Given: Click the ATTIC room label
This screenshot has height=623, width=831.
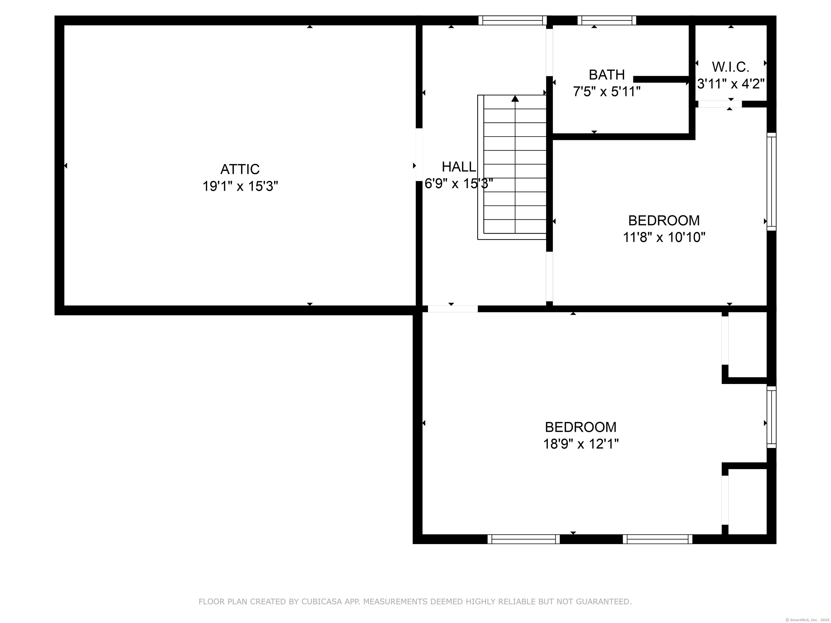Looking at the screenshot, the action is [x=240, y=169].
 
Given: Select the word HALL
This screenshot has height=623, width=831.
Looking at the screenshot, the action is [x=459, y=167].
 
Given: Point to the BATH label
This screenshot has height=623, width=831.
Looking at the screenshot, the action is [x=607, y=75].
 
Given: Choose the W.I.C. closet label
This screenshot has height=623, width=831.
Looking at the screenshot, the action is [x=731, y=67].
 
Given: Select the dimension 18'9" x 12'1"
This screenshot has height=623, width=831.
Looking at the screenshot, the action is [x=581, y=444].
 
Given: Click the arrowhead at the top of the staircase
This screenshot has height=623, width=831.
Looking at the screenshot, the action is [x=515, y=98].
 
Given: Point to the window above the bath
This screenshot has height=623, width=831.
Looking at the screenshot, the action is [x=607, y=20].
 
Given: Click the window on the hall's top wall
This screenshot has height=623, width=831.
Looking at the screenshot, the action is [x=512, y=20].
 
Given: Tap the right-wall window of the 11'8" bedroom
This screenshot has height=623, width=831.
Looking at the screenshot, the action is [x=771, y=181].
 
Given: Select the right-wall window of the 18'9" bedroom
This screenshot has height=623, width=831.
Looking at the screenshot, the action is [x=771, y=417].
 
